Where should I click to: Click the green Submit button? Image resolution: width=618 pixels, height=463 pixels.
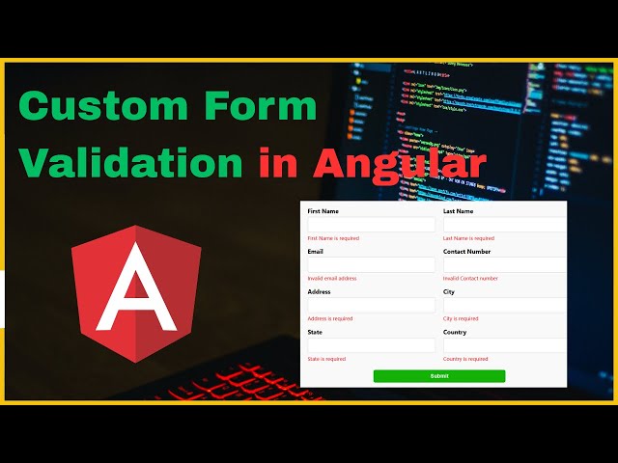pos(439,376)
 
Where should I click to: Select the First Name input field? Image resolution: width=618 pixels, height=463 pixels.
pos(371,225)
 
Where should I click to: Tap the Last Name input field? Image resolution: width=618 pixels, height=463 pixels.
pos(504,225)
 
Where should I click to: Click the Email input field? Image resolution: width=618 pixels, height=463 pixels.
pos(371,265)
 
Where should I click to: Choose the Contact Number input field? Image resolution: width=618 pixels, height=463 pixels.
pos(504,265)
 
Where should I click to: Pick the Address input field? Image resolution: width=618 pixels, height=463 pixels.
pos(371,305)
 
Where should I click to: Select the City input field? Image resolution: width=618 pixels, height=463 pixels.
pos(504,305)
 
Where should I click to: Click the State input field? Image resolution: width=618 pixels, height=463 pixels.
pos(371,345)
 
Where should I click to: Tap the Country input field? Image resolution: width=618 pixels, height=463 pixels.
pos(504,345)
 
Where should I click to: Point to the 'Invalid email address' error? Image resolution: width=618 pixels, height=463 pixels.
pos(332,278)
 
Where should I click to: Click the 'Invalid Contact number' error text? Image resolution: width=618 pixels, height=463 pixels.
pos(470,278)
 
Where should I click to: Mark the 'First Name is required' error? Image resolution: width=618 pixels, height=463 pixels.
pos(333,238)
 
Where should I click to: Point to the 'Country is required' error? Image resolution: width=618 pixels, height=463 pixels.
pos(465,359)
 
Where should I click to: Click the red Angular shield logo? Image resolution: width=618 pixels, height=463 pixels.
pos(136,293)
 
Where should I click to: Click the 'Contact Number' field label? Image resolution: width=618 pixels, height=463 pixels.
pos(466,252)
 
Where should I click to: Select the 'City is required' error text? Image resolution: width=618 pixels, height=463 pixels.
pos(461,318)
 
